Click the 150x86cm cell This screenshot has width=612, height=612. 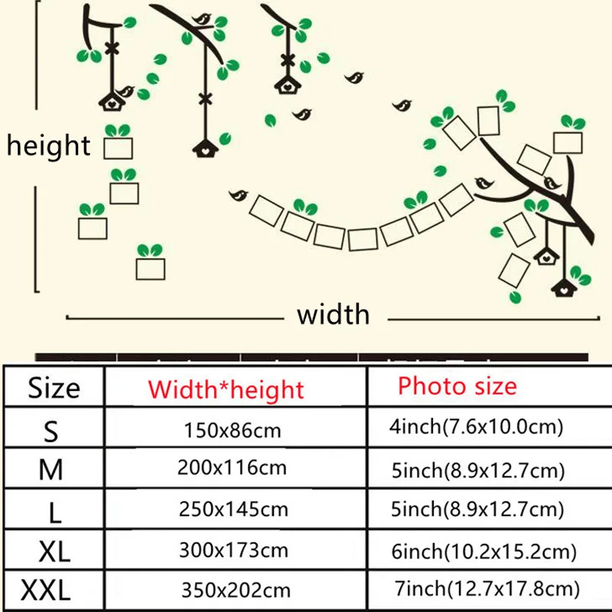(x=233, y=431)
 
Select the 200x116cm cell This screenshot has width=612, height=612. (x=233, y=467)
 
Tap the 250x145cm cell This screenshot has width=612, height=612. (x=233, y=509)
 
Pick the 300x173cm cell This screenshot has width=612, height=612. (x=233, y=550)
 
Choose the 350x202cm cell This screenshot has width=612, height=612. (x=236, y=590)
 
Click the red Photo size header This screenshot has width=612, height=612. (x=457, y=386)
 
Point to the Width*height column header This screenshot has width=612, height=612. (x=226, y=389)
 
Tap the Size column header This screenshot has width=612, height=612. (x=54, y=389)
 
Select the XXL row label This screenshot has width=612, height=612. (x=46, y=590)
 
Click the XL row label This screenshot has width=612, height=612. (x=54, y=551)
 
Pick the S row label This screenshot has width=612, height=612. (x=50, y=431)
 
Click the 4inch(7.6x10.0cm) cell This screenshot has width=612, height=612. (x=476, y=427)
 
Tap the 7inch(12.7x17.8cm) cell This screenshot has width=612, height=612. (x=487, y=588)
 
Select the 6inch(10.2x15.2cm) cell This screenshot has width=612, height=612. (x=484, y=551)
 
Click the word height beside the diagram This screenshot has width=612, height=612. (x=48, y=145)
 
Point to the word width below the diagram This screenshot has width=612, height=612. (x=333, y=314)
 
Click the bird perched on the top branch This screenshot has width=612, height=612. (x=202, y=19)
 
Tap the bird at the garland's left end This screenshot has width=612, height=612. (x=239, y=195)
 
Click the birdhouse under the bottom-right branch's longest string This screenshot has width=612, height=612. (x=564, y=288)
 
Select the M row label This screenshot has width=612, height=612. (x=50, y=469)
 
